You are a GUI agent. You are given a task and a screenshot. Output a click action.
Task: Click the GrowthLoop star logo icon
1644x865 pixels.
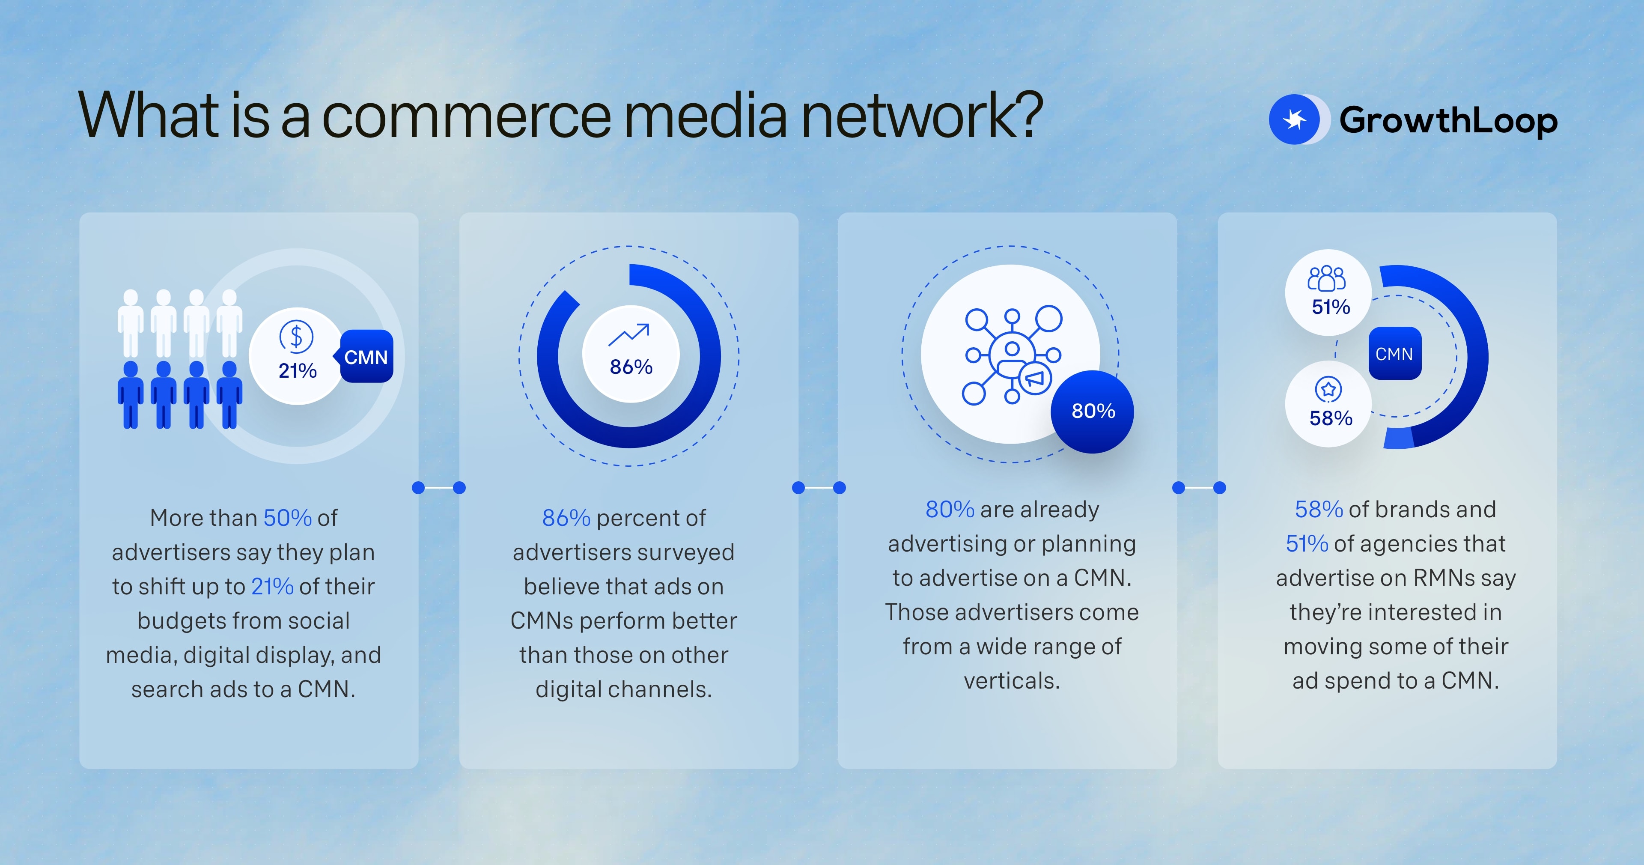(1294, 119)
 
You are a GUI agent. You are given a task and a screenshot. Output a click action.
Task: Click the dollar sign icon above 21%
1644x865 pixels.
(296, 337)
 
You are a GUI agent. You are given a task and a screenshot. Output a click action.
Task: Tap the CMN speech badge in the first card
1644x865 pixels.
(366, 357)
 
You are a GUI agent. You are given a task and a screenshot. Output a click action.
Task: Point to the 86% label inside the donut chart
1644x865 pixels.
(631, 367)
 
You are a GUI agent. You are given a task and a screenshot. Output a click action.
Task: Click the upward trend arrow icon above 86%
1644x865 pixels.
(629, 334)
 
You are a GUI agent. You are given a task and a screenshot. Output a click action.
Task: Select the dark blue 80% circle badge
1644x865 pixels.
(1093, 411)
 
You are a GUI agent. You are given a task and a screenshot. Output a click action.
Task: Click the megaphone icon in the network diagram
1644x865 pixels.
(1034, 378)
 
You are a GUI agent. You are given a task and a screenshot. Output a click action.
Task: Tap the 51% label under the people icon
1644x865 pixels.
(1331, 307)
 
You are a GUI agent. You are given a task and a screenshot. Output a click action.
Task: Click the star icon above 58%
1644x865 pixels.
(1328, 389)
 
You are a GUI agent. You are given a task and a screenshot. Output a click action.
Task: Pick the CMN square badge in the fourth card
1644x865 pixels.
(1394, 354)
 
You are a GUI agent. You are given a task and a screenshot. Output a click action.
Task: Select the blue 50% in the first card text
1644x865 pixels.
(287, 518)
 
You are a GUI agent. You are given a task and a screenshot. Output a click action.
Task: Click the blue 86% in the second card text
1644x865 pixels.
(566, 518)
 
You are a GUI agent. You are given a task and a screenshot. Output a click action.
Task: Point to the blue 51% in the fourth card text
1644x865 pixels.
(1306, 544)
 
